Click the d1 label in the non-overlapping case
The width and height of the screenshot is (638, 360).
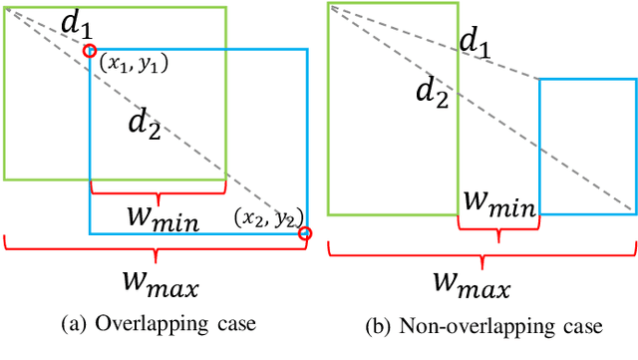tap(476, 42)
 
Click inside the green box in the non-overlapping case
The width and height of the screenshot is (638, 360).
tap(393, 110)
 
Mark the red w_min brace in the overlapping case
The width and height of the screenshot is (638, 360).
tap(157, 189)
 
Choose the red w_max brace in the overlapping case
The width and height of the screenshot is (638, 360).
tap(158, 246)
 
